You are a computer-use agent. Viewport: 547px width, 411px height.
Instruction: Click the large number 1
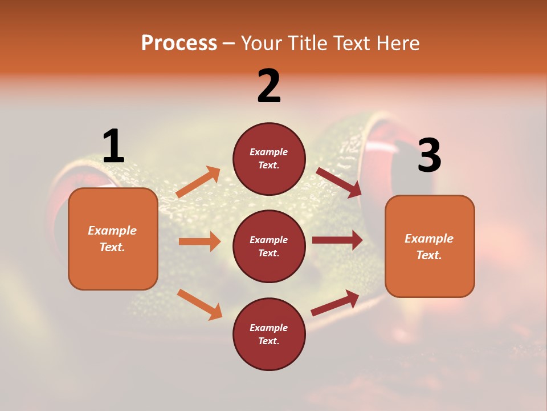[x=113, y=147]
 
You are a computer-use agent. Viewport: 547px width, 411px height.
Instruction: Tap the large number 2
[x=269, y=86]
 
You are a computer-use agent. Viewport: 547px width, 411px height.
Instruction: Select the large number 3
[x=429, y=156]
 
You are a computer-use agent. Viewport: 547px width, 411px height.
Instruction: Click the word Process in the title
[x=179, y=43]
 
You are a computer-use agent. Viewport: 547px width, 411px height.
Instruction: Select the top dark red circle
[x=269, y=159]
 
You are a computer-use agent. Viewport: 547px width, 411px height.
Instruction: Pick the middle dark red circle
[x=269, y=246]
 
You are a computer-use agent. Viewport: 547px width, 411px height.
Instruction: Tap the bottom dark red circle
[x=269, y=334]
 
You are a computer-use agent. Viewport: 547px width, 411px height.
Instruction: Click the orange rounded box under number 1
[x=113, y=239]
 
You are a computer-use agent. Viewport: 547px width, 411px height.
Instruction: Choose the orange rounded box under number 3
[x=430, y=246]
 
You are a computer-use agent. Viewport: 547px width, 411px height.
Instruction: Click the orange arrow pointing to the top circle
[x=198, y=182]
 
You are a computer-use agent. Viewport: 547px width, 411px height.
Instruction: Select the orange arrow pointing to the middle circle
[x=199, y=241]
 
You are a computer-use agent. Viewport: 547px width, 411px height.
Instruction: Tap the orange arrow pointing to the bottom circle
[x=199, y=304]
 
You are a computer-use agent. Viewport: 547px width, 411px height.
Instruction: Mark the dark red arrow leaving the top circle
[x=338, y=182]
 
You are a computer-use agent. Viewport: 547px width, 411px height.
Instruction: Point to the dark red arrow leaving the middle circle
[x=337, y=240]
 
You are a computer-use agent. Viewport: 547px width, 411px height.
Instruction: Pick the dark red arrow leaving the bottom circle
[x=336, y=303]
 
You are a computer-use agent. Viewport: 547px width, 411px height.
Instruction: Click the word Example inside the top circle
[x=269, y=152]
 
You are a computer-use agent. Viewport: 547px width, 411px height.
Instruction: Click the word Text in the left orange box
[x=112, y=247]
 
